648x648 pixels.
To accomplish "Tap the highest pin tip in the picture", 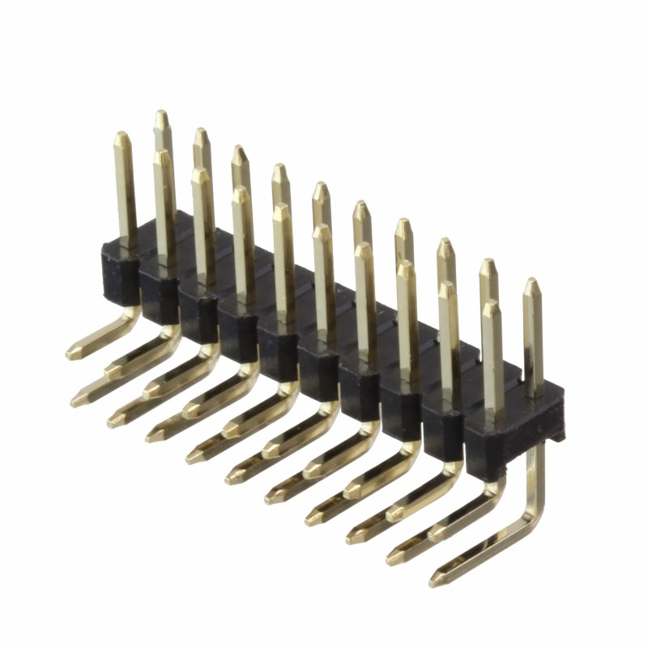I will [162, 114].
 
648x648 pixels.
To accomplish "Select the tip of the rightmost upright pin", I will [531, 283].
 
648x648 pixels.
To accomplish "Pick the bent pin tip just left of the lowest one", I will [394, 556].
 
